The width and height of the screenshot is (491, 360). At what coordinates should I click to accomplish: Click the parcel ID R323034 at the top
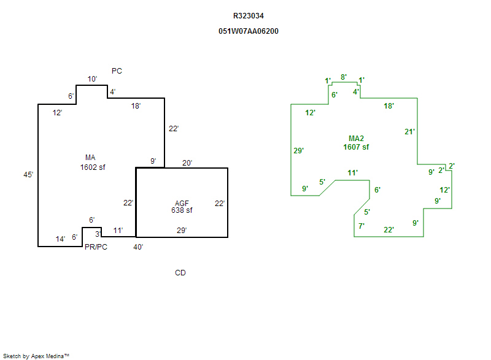pyautogui.click(x=249, y=16)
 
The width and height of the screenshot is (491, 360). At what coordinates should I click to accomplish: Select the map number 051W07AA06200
pyautogui.click(x=249, y=31)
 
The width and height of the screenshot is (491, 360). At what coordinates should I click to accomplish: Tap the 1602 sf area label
pyautogui.click(x=93, y=167)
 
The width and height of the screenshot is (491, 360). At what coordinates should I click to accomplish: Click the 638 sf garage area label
pyautogui.click(x=182, y=210)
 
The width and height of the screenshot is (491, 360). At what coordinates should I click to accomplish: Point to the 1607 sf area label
pyautogui.click(x=356, y=147)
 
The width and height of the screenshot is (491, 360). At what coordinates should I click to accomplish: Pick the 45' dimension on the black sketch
pyautogui.click(x=28, y=175)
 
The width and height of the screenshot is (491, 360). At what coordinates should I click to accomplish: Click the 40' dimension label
pyautogui.click(x=139, y=247)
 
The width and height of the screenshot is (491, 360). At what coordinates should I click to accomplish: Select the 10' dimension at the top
pyautogui.click(x=92, y=79)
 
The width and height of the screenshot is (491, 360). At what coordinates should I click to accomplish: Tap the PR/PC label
pyautogui.click(x=96, y=247)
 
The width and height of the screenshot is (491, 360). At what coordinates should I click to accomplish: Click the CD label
pyautogui.click(x=180, y=273)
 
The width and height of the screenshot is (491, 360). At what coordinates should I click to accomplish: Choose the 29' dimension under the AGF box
pyautogui.click(x=182, y=231)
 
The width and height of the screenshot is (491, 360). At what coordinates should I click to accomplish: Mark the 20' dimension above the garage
pyautogui.click(x=187, y=163)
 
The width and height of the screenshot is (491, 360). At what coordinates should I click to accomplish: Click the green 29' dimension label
pyautogui.click(x=299, y=150)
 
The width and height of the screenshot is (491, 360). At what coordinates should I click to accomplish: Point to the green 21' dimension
pyautogui.click(x=410, y=131)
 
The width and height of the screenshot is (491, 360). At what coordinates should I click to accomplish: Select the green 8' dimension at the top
pyautogui.click(x=344, y=77)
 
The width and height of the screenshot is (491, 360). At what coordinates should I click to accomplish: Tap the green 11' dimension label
pyautogui.click(x=352, y=173)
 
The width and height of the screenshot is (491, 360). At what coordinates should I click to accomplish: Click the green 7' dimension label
pyautogui.click(x=361, y=226)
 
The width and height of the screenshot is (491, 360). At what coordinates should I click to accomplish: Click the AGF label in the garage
pyautogui.click(x=182, y=203)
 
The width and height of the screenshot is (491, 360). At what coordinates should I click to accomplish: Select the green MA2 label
pyautogui.click(x=356, y=139)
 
